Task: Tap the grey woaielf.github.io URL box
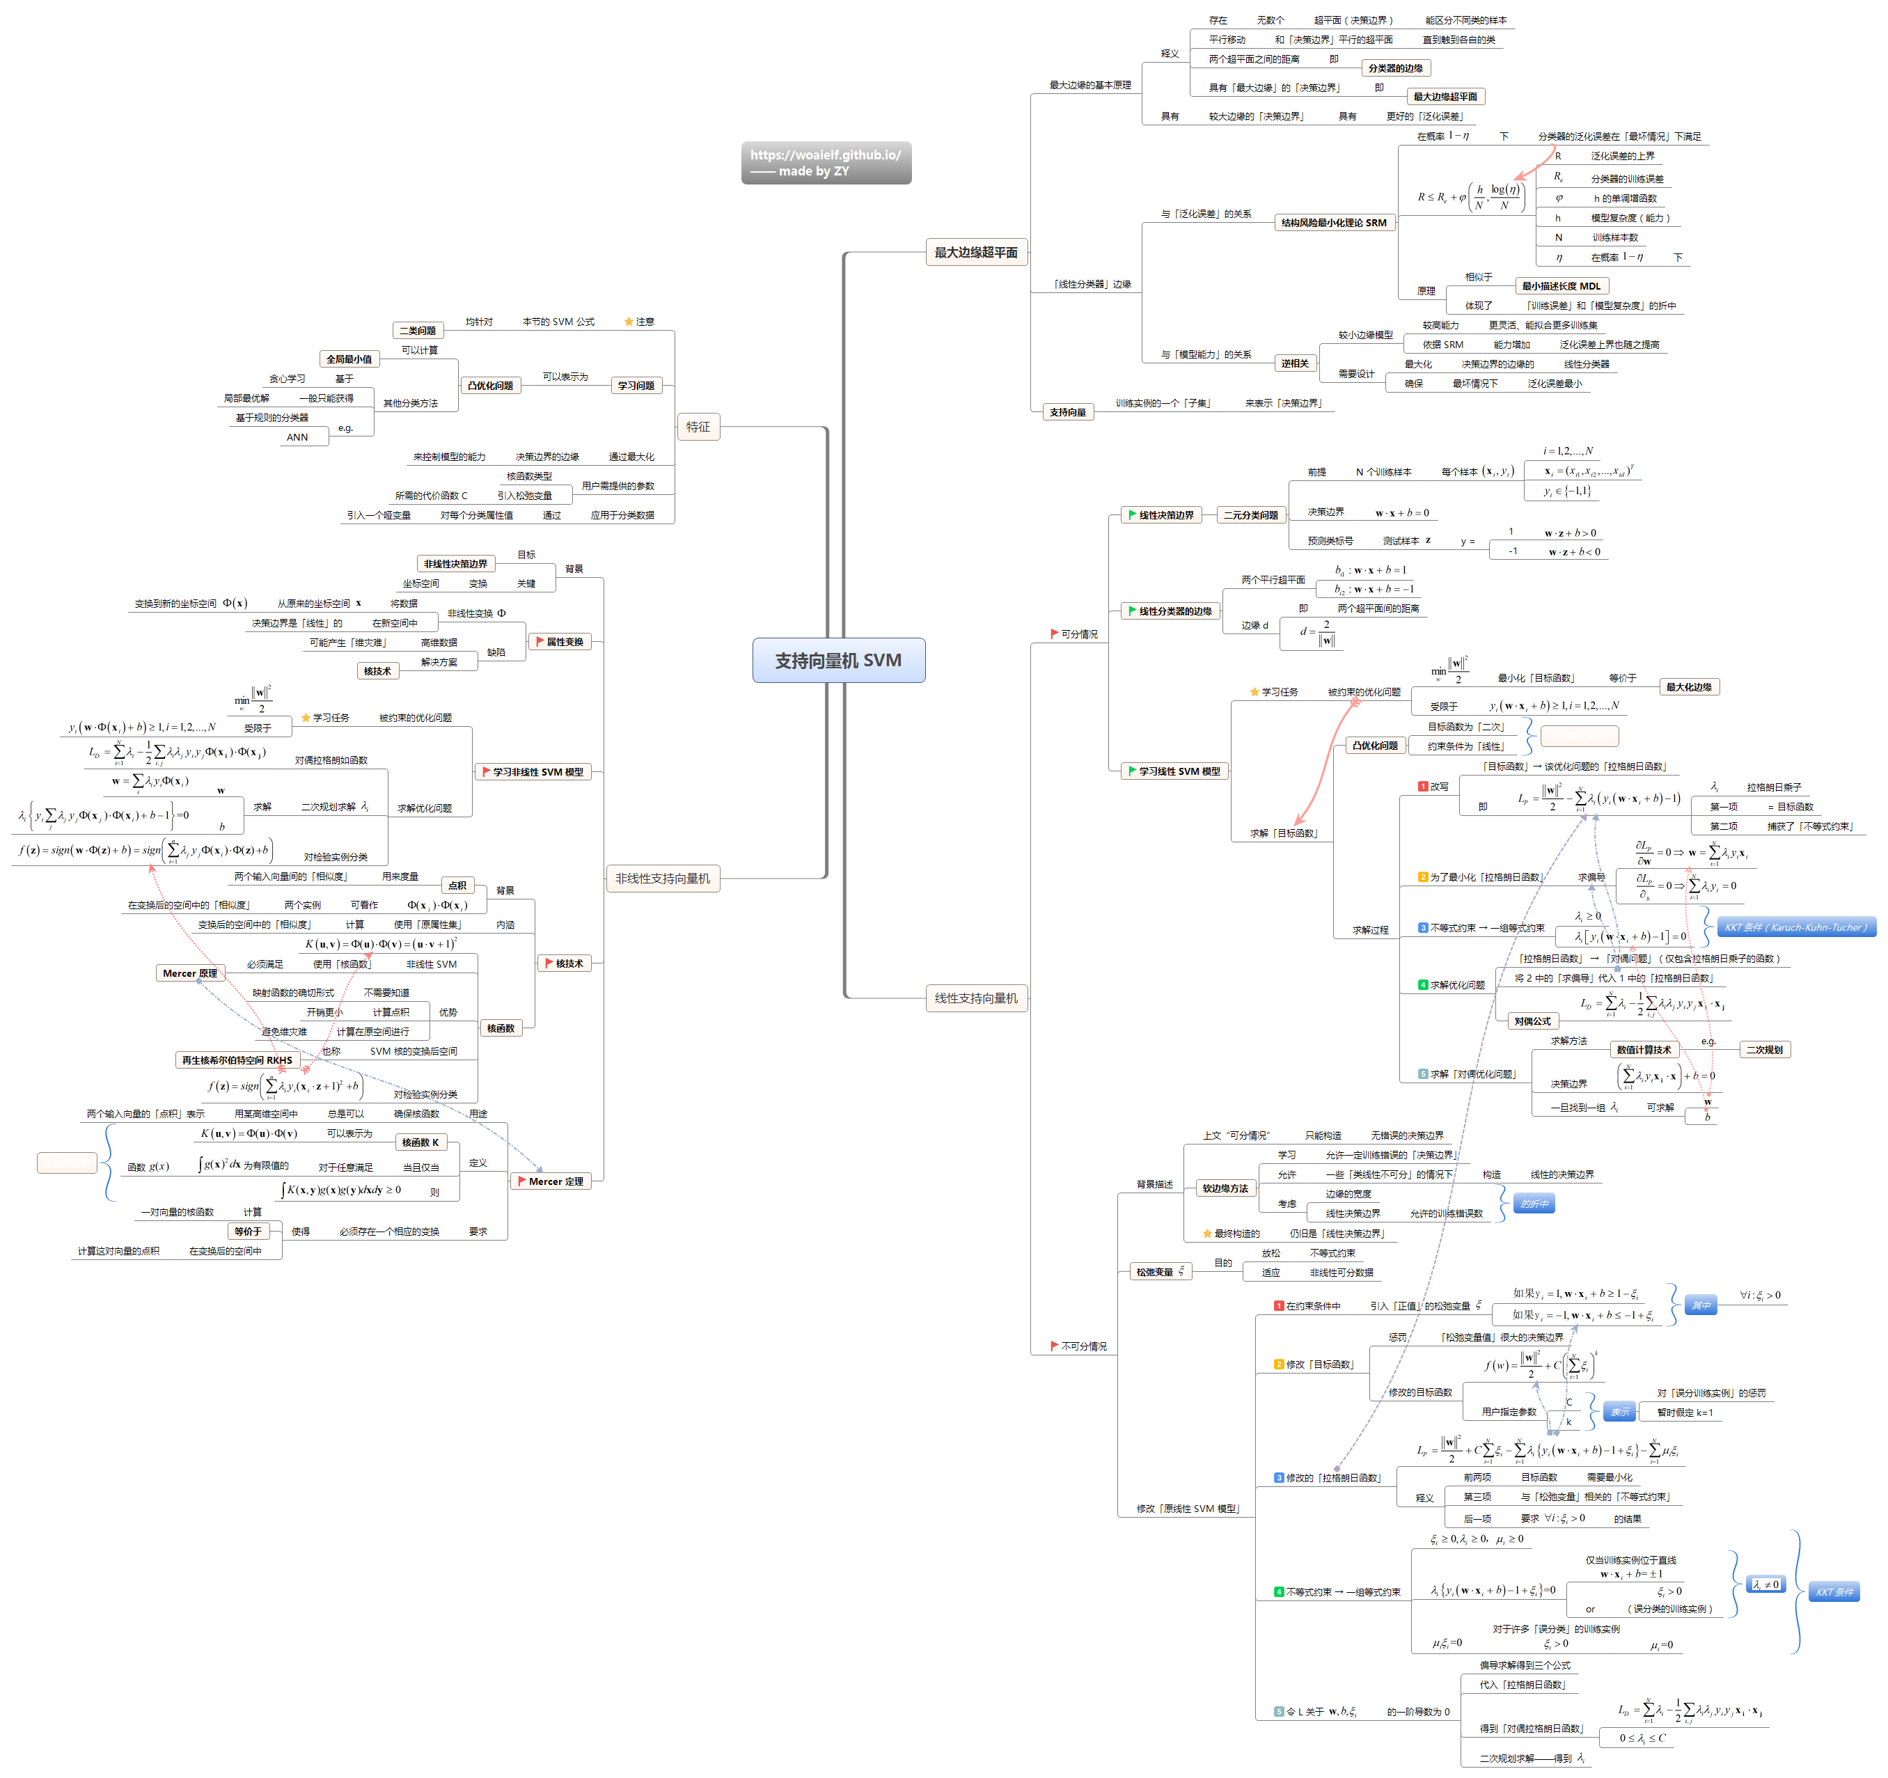pyautogui.click(x=825, y=162)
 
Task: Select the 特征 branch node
pyautogui.click(x=698, y=427)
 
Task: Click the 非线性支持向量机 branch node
pyautogui.click(x=662, y=879)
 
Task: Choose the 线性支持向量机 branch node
pyautogui.click(x=975, y=998)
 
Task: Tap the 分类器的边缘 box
pyautogui.click(x=1395, y=68)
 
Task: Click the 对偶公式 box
pyautogui.click(x=1532, y=1021)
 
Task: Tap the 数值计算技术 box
pyautogui.click(x=1643, y=1050)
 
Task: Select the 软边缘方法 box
pyautogui.click(x=1225, y=1188)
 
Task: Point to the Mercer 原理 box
pyautogui.click(x=190, y=973)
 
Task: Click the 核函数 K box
pyautogui.click(x=420, y=1142)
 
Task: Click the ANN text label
pyautogui.click(x=297, y=437)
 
